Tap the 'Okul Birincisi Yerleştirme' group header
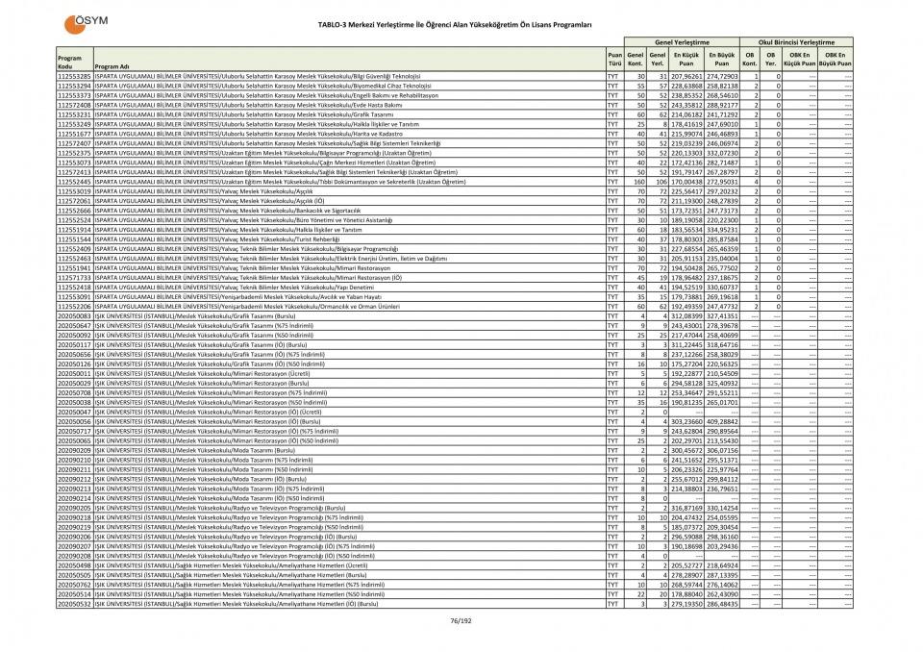[796, 42]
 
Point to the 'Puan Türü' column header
[613, 59]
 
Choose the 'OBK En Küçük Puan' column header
[800, 59]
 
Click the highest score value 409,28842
[721, 421]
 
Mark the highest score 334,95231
[721, 229]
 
